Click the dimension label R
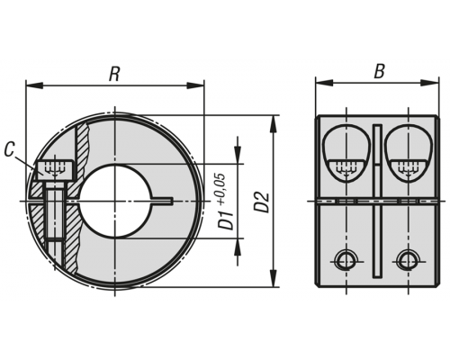click(x=114, y=74)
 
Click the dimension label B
click(x=380, y=71)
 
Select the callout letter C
click(x=10, y=149)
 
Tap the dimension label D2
click(x=263, y=202)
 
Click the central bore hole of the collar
click(x=114, y=201)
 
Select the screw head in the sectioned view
click(x=55, y=171)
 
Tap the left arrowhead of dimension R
click(x=34, y=85)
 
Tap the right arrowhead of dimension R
click(x=196, y=85)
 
